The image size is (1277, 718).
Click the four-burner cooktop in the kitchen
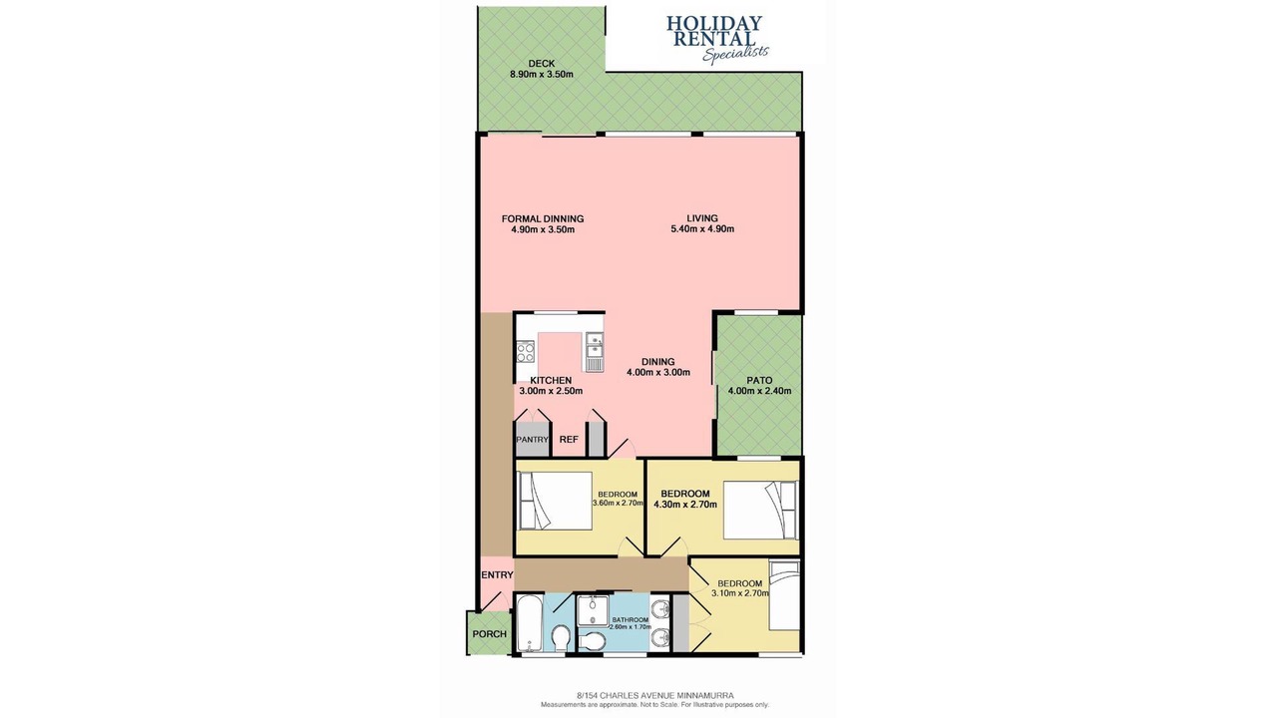(x=126, y=352)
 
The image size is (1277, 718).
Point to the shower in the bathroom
(x=593, y=611)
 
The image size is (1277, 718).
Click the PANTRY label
(x=532, y=440)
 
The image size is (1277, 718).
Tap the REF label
(x=569, y=440)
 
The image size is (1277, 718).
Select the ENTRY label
(x=497, y=575)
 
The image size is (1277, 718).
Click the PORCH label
(x=489, y=633)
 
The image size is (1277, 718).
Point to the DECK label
(x=541, y=63)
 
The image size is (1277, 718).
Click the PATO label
(x=759, y=380)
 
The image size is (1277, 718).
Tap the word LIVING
(x=701, y=218)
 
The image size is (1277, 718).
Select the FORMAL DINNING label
(x=542, y=218)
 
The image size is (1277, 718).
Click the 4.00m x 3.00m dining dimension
(x=657, y=373)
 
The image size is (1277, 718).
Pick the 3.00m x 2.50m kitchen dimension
(x=551, y=391)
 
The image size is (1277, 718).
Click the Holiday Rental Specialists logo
(x=716, y=39)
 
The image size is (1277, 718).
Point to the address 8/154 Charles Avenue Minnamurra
(x=655, y=695)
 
